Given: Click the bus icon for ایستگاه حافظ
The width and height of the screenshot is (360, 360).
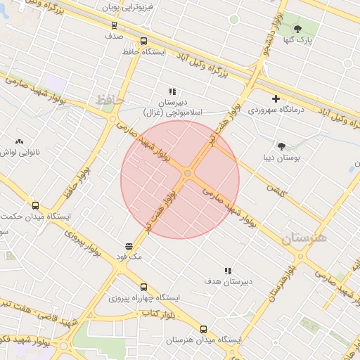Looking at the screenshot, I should click(x=143, y=41).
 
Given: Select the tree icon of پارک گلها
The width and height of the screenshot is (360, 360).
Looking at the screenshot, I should click(x=297, y=29).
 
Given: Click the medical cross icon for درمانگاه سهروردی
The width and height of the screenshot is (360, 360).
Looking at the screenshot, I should click(x=276, y=98).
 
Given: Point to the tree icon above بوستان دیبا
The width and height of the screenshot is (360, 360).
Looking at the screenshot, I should click(x=281, y=146).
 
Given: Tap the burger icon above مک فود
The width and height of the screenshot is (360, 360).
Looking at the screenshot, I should click(x=129, y=246).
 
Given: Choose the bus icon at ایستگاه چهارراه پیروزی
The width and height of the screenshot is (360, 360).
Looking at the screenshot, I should click(x=143, y=287).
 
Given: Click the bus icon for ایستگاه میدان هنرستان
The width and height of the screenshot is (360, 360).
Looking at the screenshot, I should click(x=204, y=328).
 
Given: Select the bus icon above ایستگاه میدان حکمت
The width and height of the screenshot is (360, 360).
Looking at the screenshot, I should click(x=35, y=206).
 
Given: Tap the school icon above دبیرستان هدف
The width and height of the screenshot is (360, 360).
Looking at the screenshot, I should click(x=228, y=271).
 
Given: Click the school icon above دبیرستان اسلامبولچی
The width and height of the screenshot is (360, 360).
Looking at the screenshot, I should click(x=172, y=92).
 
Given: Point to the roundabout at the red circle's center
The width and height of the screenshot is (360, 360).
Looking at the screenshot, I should click(x=188, y=173).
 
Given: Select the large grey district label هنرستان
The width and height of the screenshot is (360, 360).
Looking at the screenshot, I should click(x=305, y=238).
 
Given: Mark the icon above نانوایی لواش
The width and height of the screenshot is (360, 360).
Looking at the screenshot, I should click(x=19, y=141).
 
